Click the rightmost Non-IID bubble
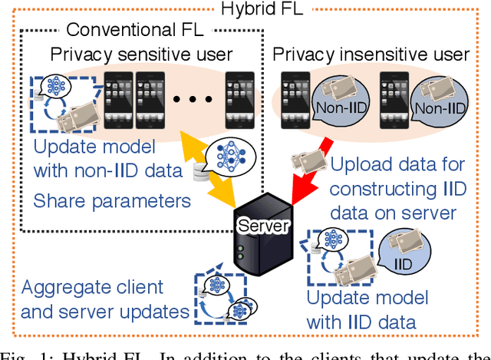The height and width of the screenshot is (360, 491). click(x=440, y=107)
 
